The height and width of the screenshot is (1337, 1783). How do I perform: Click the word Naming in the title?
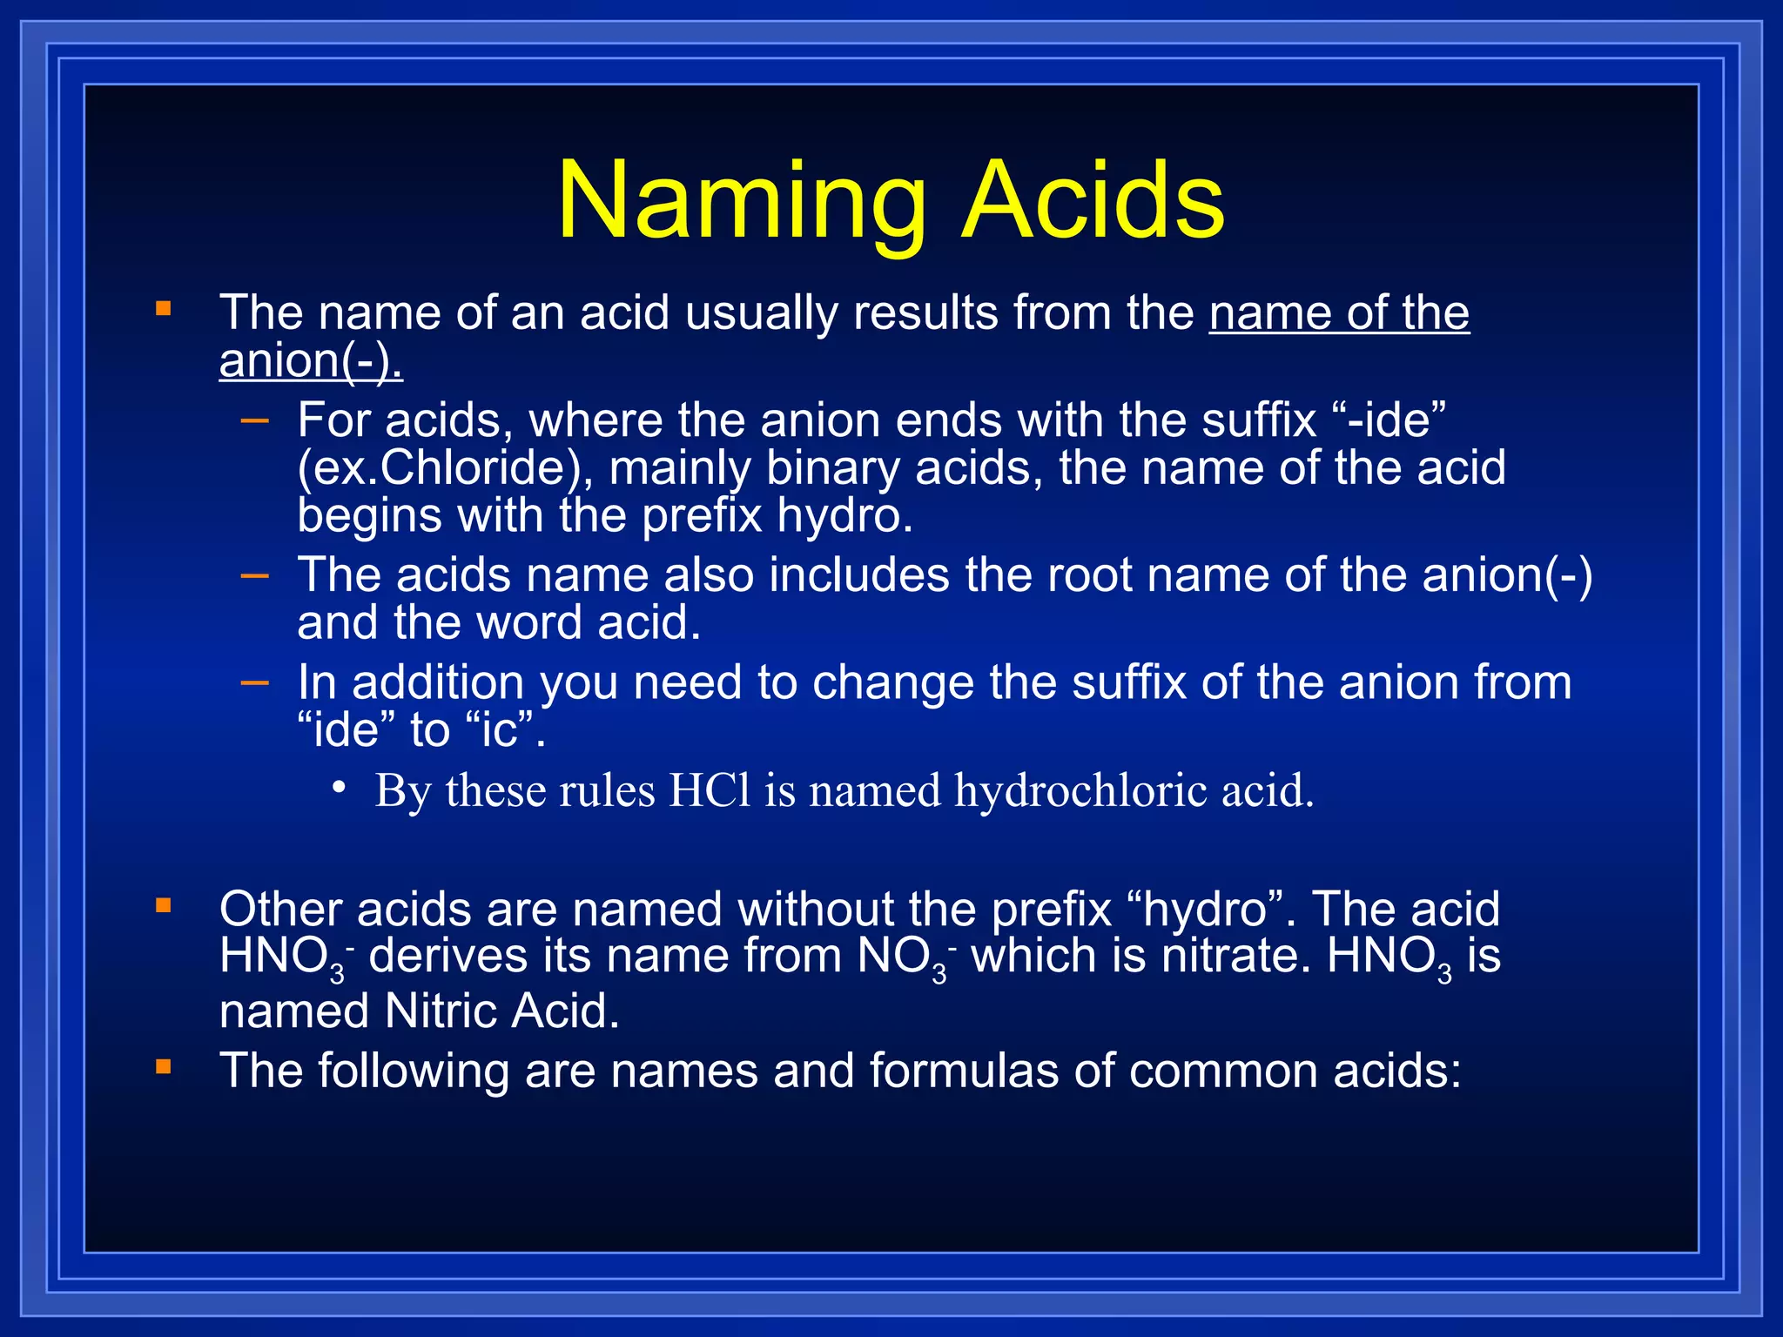(742, 202)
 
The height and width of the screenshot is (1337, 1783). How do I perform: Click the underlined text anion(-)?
(311, 360)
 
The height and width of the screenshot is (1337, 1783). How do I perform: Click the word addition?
(437, 682)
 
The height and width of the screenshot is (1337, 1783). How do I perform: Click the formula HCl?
(709, 790)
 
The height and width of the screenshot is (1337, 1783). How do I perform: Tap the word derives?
(447, 956)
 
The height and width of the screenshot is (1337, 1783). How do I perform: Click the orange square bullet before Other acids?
(164, 907)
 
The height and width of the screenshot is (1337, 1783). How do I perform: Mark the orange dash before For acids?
(255, 421)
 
